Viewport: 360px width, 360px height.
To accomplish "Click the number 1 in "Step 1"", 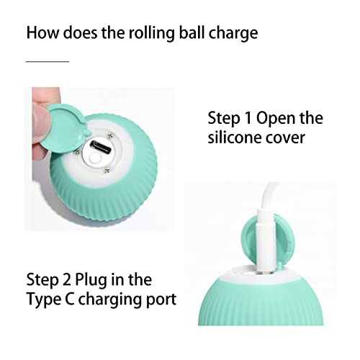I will [252, 118].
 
